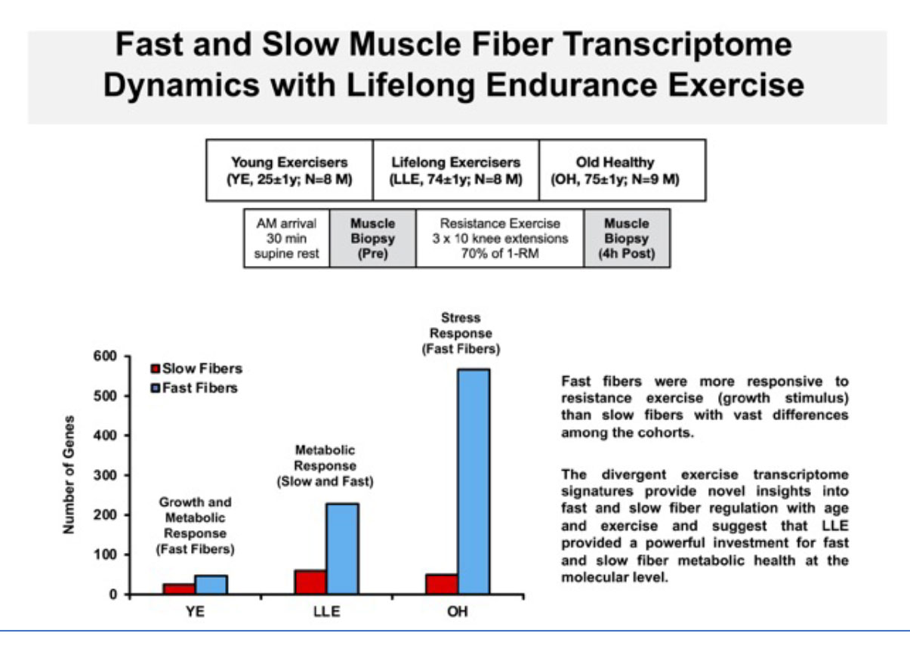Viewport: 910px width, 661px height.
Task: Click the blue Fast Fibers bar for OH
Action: tap(474, 481)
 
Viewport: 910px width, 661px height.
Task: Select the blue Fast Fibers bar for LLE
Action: tap(342, 549)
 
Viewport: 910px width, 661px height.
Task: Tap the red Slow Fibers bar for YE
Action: tap(179, 589)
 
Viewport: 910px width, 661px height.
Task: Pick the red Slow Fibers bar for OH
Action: tap(442, 584)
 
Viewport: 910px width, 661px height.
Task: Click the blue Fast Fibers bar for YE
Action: tap(211, 585)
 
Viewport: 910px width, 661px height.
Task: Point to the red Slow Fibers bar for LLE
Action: tap(311, 582)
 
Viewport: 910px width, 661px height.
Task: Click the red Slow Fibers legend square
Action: tap(155, 369)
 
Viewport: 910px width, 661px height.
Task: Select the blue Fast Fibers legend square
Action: tap(155, 388)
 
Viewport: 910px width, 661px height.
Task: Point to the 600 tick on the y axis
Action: tap(126, 357)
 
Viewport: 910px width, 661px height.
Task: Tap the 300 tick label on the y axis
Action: tap(105, 475)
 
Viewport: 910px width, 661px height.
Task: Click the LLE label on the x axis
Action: tap(327, 611)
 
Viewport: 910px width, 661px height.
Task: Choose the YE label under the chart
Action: tap(195, 611)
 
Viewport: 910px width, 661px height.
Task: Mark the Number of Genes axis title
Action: tap(69, 474)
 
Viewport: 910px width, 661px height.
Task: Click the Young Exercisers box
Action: tap(289, 170)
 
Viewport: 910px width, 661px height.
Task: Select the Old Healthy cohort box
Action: tap(622, 170)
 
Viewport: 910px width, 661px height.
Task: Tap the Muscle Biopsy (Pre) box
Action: tap(372, 239)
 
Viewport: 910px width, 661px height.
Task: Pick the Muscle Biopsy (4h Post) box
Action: tap(627, 239)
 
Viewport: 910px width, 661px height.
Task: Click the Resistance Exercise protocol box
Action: tap(500, 239)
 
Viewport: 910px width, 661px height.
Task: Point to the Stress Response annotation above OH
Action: tap(461, 333)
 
